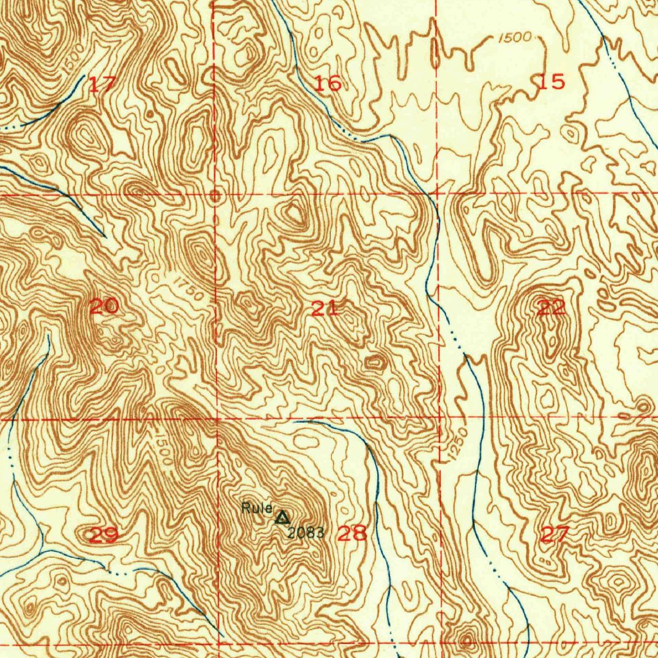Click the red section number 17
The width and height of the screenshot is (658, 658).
click(102, 84)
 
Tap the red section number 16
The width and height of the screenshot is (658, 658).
click(328, 83)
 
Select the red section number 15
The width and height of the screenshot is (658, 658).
click(551, 82)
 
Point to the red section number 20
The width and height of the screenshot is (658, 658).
click(103, 307)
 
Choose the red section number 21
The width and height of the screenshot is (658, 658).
click(325, 308)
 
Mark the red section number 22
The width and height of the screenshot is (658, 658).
click(551, 307)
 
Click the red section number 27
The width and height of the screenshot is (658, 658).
click(555, 534)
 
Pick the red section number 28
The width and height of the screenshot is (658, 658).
click(352, 533)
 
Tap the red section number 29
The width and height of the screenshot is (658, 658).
click(103, 535)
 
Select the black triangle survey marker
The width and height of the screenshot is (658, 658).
click(281, 517)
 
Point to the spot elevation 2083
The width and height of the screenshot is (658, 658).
click(305, 533)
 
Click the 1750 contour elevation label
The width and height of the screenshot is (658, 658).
click(188, 288)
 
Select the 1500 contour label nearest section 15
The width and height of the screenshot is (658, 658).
click(515, 38)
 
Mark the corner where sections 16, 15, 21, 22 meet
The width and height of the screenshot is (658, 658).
click(437, 192)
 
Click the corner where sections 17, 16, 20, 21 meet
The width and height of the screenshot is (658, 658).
click(215, 193)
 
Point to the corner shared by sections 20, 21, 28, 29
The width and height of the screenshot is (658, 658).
click(217, 419)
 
